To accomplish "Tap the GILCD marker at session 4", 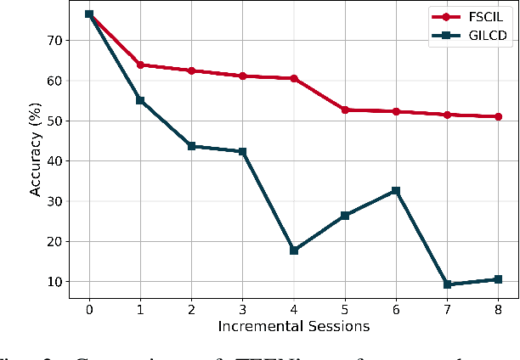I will pyautogui.click(x=294, y=250).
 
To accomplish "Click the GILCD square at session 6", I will pyautogui.click(x=396, y=191).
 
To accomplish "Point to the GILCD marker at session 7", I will pyautogui.click(x=447, y=284).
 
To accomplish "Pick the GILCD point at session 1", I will pyautogui.click(x=140, y=100).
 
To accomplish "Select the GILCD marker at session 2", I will pyautogui.click(x=191, y=146).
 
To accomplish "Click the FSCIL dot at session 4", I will pyautogui.click(x=294, y=78).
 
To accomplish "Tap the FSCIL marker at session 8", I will pyautogui.click(x=498, y=116).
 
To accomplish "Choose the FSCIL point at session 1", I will pyautogui.click(x=140, y=65).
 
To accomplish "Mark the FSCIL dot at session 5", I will pyautogui.click(x=345, y=110).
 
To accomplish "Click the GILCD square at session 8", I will pyautogui.click(x=498, y=279).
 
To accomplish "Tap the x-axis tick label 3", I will pyautogui.click(x=243, y=309).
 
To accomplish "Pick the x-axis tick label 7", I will pyautogui.click(x=447, y=309).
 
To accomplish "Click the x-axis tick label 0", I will pyautogui.click(x=89, y=309).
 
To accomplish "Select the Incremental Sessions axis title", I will pyautogui.click(x=293, y=326).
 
